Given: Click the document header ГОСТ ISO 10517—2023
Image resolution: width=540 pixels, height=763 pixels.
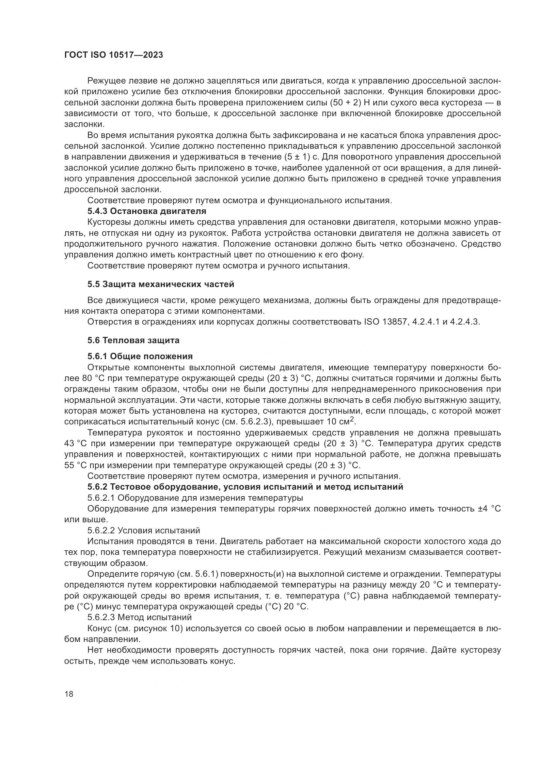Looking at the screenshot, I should coord(113,55).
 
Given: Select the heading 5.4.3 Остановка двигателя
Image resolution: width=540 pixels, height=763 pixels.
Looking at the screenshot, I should coord(147,211).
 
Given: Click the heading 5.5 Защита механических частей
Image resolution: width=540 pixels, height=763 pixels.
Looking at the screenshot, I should coord(161,284).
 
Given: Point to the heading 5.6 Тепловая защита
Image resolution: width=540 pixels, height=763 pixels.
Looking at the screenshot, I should coord(133,340).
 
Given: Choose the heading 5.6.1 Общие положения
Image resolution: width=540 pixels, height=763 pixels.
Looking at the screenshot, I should coord(140,357).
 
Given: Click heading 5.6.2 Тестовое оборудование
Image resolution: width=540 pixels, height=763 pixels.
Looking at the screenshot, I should coord(245,487).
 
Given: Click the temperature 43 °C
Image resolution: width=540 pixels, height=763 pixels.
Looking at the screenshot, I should coord(75,444).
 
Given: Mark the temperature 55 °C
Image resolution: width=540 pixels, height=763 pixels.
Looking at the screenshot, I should coord(75,465).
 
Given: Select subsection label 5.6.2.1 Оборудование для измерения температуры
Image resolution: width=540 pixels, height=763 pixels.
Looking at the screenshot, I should coord(195,498).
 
